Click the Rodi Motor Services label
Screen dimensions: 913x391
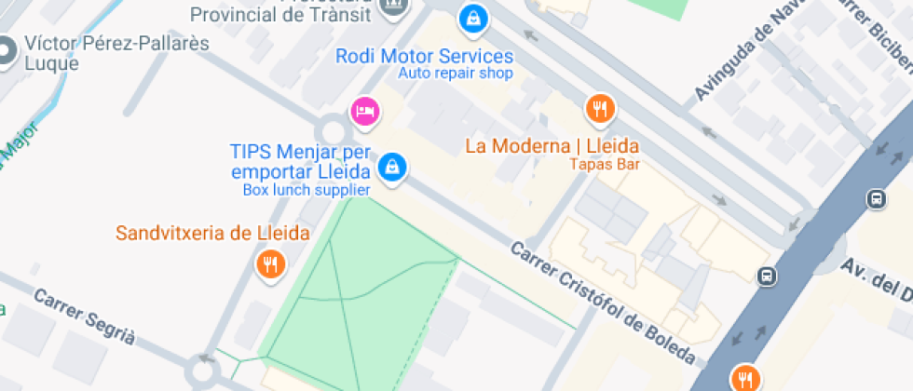click(424, 56)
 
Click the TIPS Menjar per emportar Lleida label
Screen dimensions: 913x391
click(301, 161)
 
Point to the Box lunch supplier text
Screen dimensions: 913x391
click(307, 190)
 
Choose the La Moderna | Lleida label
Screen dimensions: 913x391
click(552, 146)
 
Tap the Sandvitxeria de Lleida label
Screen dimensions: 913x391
click(212, 233)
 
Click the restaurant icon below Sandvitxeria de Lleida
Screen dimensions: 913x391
click(270, 265)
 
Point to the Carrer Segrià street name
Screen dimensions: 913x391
click(84, 317)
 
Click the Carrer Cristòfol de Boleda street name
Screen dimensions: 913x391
click(602, 303)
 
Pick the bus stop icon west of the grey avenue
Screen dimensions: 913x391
click(766, 276)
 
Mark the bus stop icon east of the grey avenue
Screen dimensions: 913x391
click(875, 198)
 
